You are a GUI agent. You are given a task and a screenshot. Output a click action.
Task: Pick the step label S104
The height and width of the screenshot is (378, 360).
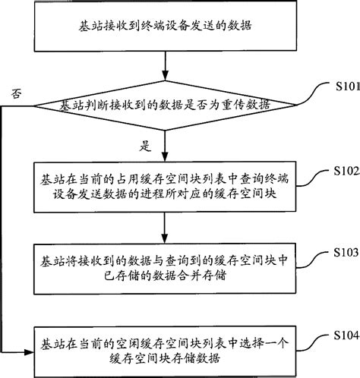click(344, 334)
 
